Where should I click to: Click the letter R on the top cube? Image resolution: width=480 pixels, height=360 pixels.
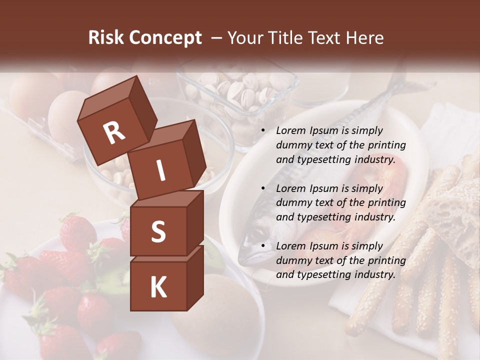pyautogui.click(x=114, y=133)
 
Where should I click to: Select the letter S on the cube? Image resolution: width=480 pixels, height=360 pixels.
pyautogui.click(x=158, y=231)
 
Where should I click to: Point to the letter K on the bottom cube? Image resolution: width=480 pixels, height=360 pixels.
pyautogui.click(x=158, y=287)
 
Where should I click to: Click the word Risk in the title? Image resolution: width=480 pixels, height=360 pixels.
pyautogui.click(x=106, y=37)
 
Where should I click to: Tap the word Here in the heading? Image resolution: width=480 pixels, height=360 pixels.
pyautogui.click(x=363, y=37)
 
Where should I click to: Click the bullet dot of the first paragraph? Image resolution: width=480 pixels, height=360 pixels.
pyautogui.click(x=263, y=131)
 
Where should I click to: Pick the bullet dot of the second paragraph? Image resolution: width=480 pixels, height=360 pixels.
pyautogui.click(x=263, y=189)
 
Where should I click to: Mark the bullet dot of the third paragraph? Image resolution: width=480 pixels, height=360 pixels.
pyautogui.click(x=263, y=246)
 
